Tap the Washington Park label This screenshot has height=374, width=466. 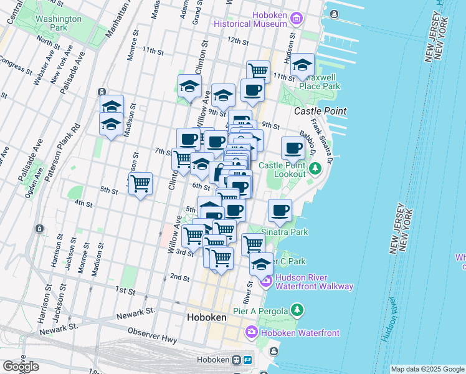point(58,23)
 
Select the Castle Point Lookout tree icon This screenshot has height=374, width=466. point(315,168)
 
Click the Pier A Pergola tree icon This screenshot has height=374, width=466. point(298,310)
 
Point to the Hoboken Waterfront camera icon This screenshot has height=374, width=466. point(252,332)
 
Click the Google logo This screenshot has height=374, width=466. point(21,367)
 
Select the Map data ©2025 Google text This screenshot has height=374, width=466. point(427,369)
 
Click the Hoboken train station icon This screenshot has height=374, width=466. point(237,360)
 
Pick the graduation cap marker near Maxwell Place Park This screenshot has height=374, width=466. point(302,65)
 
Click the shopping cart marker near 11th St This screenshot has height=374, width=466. point(258,72)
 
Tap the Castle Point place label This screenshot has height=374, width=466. point(320,110)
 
